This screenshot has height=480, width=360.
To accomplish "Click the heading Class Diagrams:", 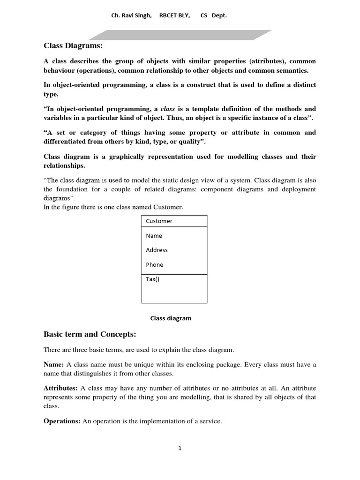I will tap(73, 45).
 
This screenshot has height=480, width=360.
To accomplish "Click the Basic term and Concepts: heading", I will tap(90, 334).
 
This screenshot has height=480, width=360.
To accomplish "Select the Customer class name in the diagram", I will tap(159, 221).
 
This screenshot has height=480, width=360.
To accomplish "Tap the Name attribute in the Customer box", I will tap(154, 236).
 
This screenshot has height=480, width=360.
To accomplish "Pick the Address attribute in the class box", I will tap(157, 250).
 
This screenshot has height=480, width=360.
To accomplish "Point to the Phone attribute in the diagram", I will tap(154, 265).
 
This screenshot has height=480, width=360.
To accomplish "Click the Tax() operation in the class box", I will tap(152, 279).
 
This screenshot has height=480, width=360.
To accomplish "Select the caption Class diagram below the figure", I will tap(171, 318).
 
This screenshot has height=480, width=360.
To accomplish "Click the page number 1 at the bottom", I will tap(180, 448).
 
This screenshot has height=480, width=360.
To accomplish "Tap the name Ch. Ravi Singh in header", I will tap(131, 15).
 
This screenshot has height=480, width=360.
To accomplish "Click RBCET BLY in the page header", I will tap(174, 15).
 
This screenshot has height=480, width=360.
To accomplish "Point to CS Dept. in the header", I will tap(213, 15).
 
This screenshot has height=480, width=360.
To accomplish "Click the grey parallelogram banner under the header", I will tap(180, 35).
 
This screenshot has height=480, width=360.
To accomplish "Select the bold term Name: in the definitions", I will tap(54, 365).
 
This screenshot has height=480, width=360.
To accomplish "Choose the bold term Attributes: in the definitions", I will tap(60, 388).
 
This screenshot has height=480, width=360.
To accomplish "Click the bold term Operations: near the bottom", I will tap(62, 421).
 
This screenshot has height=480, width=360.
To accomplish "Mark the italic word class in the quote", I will tap(167, 109).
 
